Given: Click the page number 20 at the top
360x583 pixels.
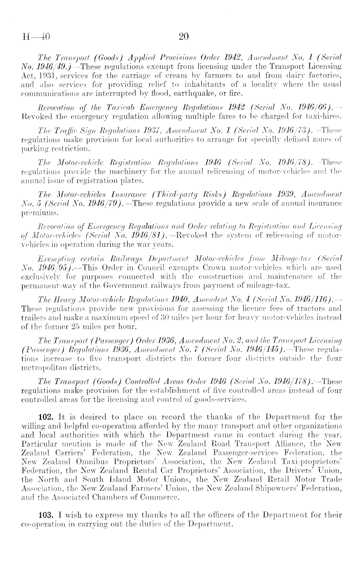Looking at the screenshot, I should click(183, 37).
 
